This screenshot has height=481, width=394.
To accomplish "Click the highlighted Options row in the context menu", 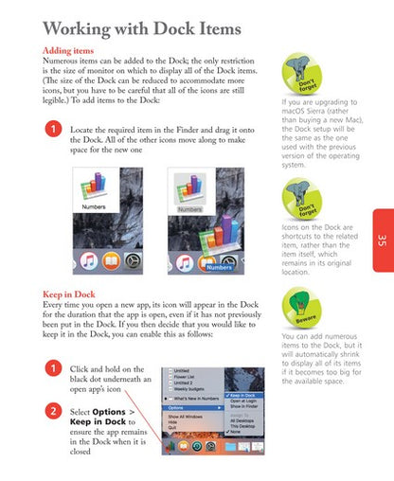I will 194,408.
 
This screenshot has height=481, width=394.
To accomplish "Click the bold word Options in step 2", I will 109,412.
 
